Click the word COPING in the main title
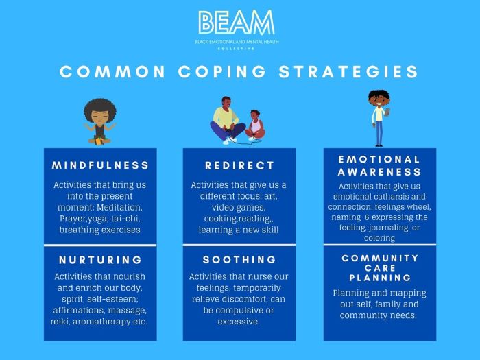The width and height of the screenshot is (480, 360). tap(222, 71)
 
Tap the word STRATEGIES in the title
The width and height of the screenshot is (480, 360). tap(348, 71)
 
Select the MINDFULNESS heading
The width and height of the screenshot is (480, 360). tap(100, 165)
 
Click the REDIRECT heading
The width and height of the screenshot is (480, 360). tap(239, 166)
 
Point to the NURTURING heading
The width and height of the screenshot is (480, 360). tap(100, 260)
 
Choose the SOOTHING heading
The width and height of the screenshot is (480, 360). tap(239, 260)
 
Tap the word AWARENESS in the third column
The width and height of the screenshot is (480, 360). tap(379, 172)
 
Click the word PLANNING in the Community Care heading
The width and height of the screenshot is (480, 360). tap(380, 278)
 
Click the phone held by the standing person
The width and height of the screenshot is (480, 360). tap(387, 112)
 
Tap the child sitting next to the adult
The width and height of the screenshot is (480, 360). tap(255, 125)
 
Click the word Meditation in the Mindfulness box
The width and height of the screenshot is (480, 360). tap(119, 208)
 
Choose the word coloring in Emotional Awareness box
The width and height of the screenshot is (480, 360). tap(380, 238)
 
